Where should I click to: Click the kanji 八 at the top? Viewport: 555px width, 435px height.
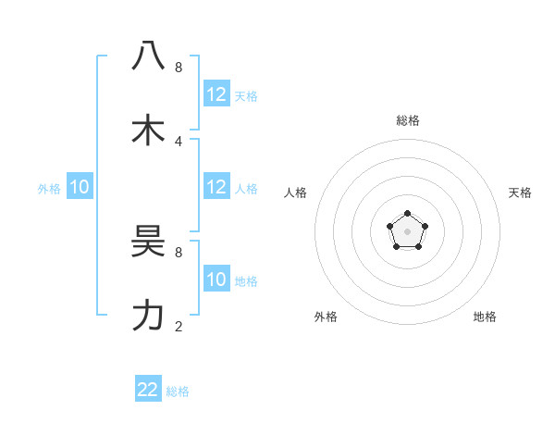(148, 56)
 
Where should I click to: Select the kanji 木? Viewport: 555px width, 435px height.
(148, 130)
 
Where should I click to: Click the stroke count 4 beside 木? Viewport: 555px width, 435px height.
(179, 141)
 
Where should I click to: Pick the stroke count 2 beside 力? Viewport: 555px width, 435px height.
(179, 326)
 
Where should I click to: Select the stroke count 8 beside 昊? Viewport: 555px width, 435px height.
(179, 252)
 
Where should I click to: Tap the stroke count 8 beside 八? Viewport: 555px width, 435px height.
(179, 67)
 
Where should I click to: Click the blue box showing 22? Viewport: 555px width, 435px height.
(148, 390)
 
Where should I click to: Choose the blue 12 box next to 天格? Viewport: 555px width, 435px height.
(216, 94)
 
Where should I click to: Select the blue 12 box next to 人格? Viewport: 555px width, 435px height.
(216, 187)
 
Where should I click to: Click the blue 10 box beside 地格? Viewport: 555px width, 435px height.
(216, 280)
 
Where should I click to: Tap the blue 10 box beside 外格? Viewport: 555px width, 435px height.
(80, 187)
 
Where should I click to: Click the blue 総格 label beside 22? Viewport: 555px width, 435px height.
(178, 391)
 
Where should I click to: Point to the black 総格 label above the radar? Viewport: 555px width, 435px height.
(408, 120)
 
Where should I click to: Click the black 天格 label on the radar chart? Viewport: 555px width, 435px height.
(520, 193)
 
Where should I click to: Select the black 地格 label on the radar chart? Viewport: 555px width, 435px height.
(485, 317)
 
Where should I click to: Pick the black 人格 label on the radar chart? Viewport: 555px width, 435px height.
(296, 193)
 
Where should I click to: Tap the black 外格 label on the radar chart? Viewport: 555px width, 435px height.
(326, 317)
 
